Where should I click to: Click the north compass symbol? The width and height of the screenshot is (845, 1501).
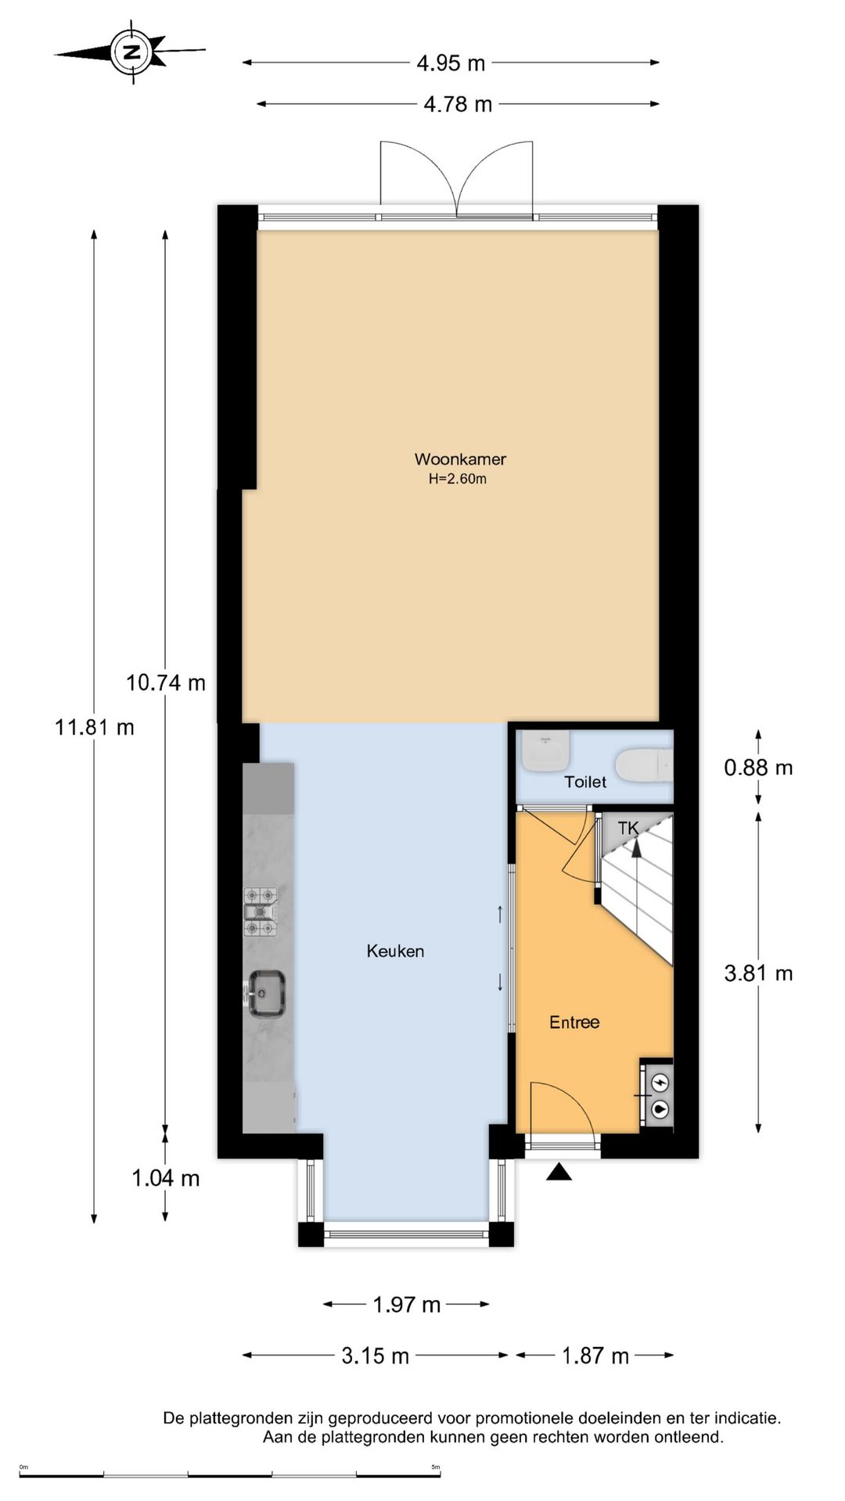[x=130, y=52]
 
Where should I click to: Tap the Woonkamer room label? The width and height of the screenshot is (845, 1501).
[x=460, y=459]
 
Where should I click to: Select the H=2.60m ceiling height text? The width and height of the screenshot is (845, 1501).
[x=457, y=479]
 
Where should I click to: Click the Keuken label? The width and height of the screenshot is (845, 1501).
[x=395, y=951]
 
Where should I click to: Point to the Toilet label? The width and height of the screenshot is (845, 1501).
[x=585, y=782]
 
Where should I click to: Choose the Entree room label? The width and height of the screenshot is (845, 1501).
[x=574, y=1022]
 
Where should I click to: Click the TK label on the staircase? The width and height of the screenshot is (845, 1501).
[x=628, y=828]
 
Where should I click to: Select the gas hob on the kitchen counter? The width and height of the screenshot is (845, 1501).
[x=261, y=912]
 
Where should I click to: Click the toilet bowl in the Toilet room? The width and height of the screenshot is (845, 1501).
[x=644, y=766]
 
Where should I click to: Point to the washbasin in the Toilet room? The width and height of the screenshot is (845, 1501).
[x=546, y=750]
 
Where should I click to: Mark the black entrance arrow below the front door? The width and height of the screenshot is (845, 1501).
[x=558, y=1171]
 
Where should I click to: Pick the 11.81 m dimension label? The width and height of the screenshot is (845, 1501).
[x=94, y=727]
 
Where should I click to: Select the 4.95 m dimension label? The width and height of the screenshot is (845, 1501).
[x=450, y=63]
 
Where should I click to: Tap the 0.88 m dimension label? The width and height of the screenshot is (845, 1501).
[x=758, y=768]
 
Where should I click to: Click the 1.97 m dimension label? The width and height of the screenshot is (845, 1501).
[x=407, y=1304]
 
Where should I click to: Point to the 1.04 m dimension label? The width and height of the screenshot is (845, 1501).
[x=166, y=1178]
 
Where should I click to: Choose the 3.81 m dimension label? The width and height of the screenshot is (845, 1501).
[x=758, y=973]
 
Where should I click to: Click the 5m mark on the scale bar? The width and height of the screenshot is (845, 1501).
[x=436, y=1467]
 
